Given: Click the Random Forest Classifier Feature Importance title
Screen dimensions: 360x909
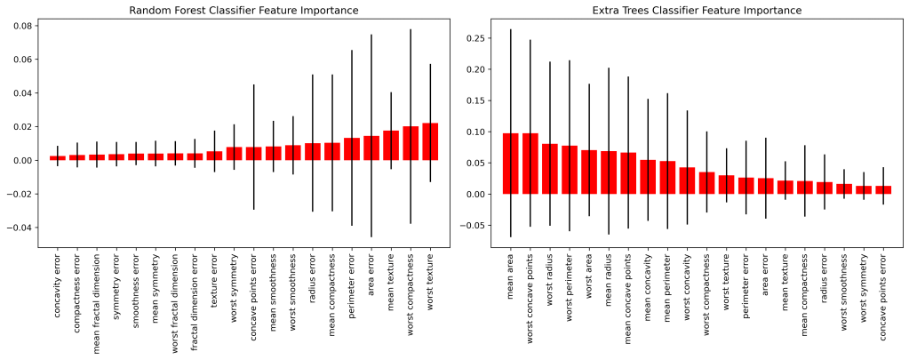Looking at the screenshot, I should [x=243, y=10].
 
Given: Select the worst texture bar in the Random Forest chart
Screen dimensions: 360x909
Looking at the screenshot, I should [x=430, y=142].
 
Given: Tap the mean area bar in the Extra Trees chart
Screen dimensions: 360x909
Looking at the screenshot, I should [x=511, y=164].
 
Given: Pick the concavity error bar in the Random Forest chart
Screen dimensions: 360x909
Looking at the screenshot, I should [x=58, y=158].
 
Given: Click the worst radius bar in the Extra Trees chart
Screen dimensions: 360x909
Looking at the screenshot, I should [x=550, y=169].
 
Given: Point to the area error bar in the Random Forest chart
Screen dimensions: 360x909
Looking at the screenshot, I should [x=371, y=148].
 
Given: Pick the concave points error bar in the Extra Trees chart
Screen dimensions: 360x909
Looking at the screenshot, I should [x=883, y=190].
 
